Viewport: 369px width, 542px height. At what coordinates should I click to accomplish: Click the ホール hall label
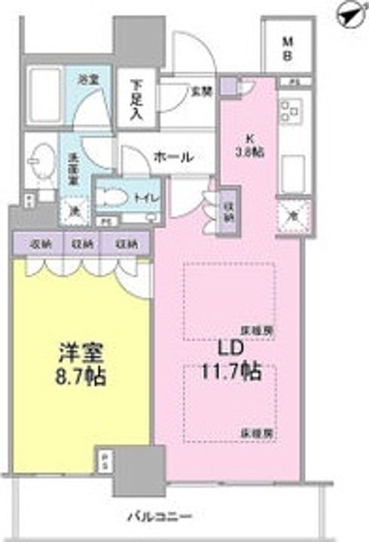pos(174,157)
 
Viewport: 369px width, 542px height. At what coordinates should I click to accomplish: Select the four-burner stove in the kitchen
pos(289,112)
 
